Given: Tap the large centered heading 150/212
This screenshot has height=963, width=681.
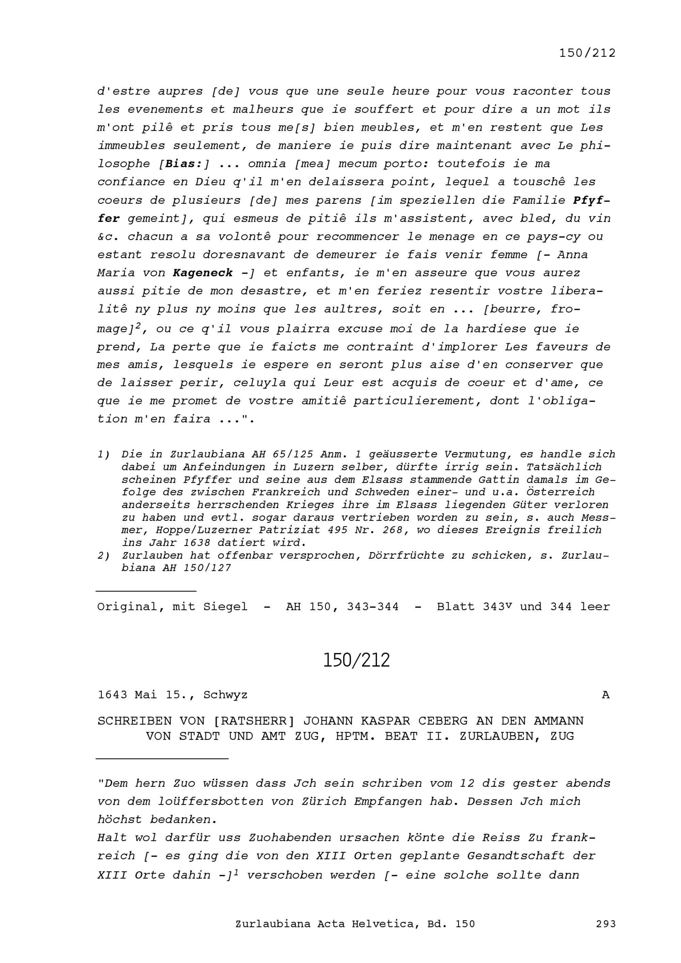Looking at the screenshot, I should pos(356,660).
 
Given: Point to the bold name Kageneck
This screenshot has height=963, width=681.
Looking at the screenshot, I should pos(203,273).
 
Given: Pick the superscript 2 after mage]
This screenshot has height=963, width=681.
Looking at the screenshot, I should pos(138,325).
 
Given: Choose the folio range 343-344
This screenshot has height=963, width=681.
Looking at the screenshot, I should pos(373,607).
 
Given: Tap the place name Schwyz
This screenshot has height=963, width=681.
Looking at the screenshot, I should pos(225,695).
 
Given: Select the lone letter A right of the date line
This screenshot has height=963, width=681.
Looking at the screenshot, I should pos(605,695).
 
